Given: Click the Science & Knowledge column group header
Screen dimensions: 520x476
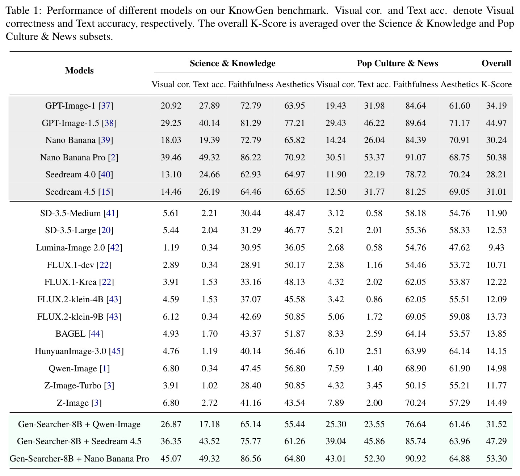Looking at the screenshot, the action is click(x=232, y=63).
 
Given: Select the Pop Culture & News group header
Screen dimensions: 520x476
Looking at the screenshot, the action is click(x=397, y=63).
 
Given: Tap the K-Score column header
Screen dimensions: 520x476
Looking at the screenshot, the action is click(x=496, y=84).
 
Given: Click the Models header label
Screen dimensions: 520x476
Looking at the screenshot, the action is click(x=79, y=71).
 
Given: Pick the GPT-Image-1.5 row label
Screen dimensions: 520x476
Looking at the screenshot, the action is click(x=70, y=123).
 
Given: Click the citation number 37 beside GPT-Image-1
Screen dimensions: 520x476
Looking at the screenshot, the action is click(x=105, y=106).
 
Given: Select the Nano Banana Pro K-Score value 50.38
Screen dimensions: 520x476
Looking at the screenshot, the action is click(x=496, y=157).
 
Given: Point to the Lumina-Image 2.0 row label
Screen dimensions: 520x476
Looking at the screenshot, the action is click(x=70, y=248).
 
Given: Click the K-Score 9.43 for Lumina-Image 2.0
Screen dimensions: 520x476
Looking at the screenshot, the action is click(x=496, y=248).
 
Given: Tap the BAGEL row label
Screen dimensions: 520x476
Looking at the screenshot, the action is click(x=70, y=334).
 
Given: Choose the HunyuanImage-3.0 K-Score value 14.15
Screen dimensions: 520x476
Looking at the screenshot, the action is click(x=496, y=351).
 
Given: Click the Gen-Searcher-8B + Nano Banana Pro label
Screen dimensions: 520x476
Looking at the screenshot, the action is click(x=79, y=459).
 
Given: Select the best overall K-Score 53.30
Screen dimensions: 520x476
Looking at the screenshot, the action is click(x=496, y=459).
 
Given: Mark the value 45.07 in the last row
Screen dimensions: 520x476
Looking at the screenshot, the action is click(x=171, y=459).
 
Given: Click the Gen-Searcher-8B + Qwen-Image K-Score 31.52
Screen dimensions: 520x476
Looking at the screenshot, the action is click(x=496, y=424).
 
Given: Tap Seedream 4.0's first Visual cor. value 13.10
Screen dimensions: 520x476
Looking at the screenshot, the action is click(x=171, y=174).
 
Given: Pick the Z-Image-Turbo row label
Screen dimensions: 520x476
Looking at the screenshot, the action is click(x=72, y=386).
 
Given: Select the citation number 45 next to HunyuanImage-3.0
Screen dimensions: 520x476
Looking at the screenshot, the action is click(x=116, y=351).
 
